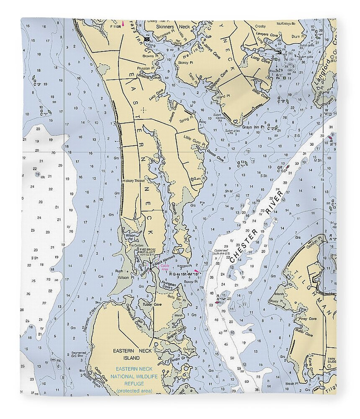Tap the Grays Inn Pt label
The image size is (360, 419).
(256, 127)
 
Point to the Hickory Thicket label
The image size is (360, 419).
(133, 181)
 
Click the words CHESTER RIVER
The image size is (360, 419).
(256, 227)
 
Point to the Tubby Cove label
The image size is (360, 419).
(152, 305)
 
